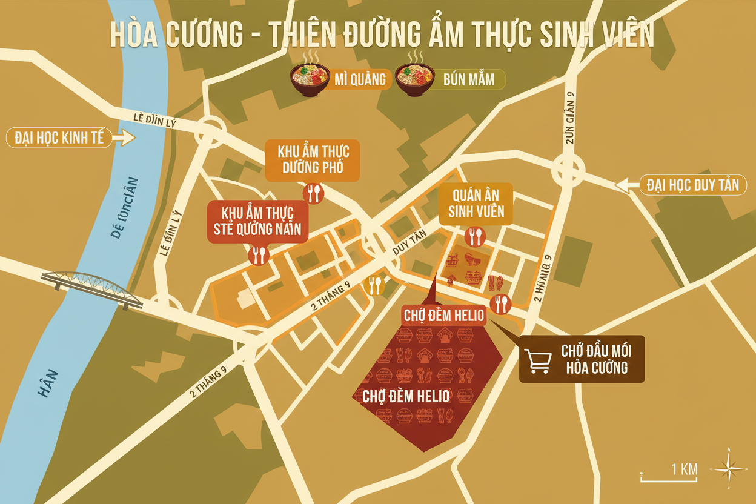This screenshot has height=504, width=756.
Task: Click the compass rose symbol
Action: tap(731, 468)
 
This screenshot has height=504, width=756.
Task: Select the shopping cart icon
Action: tap(537, 360)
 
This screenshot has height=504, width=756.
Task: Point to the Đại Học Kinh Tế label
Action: tap(60, 138)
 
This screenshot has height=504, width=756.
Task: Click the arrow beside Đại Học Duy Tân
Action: tap(628, 184)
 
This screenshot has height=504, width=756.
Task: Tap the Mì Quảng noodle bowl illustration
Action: tap(310, 79)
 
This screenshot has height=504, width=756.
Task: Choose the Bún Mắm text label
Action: tap(468, 79)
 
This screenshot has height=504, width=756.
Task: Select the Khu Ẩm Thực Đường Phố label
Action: tap(313, 159)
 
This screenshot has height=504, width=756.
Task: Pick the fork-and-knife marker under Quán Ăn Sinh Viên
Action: tap(474, 236)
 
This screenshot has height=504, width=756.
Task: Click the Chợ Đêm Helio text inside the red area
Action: tap(406, 396)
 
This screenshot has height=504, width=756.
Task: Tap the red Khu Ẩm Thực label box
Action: tap(257, 221)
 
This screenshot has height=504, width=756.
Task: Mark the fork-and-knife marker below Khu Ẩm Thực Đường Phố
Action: tap(313, 193)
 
